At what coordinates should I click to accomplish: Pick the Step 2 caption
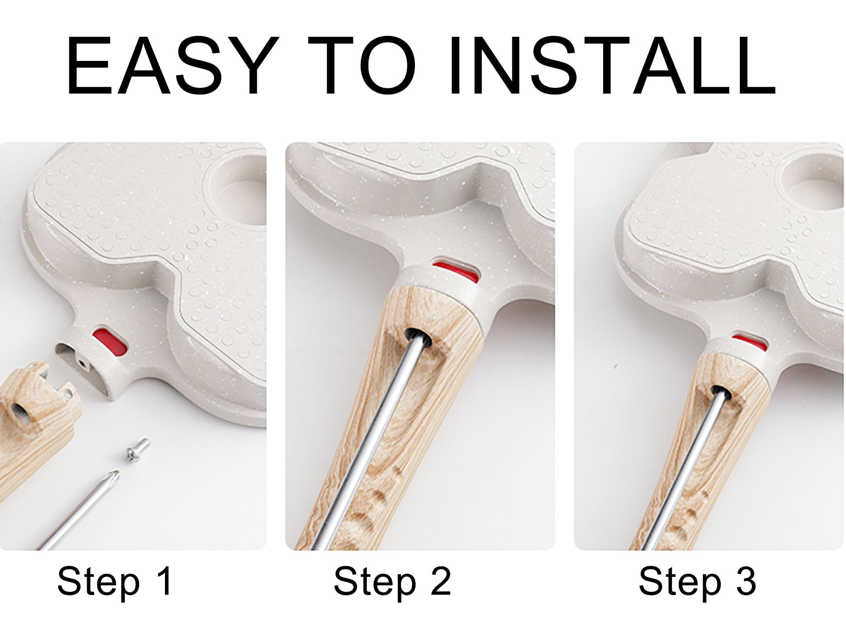[392, 582]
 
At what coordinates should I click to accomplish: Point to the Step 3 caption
[697, 582]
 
